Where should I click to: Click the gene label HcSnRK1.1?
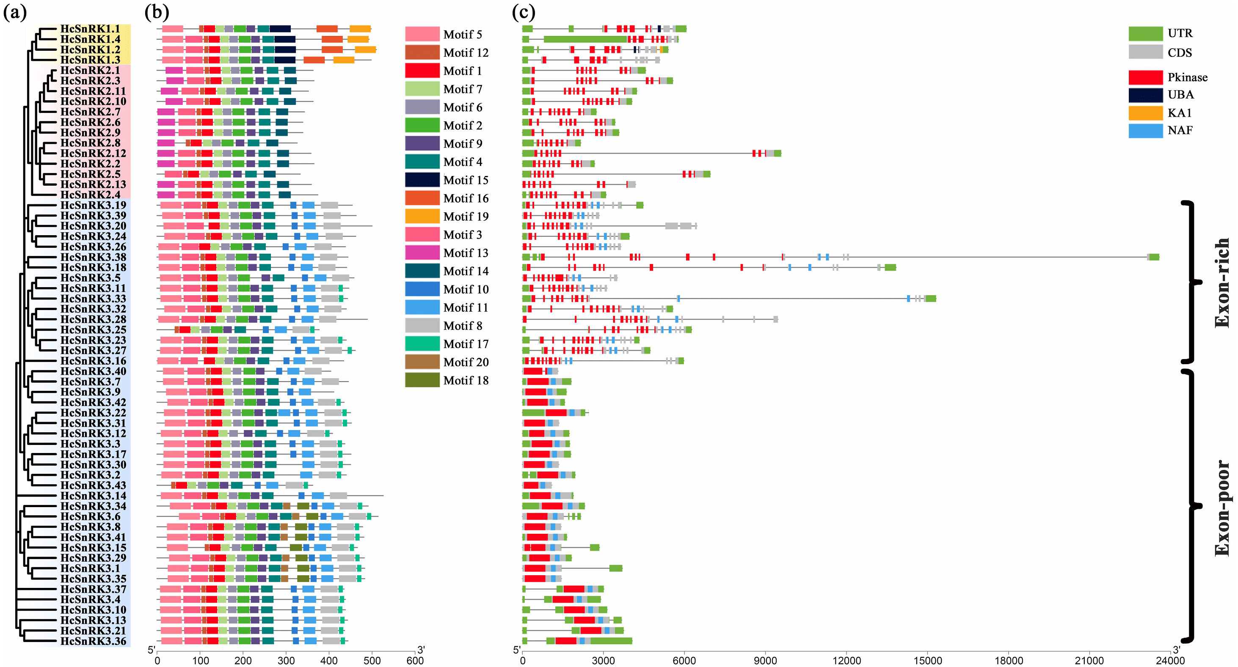pos(90,29)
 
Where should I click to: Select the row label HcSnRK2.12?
pos(93,153)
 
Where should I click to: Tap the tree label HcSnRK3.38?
pos(93,257)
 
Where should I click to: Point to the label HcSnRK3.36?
pos(93,641)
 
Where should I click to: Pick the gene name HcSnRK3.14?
pos(93,496)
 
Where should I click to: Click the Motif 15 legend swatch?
pos(422,180)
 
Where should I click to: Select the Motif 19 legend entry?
pos(465,217)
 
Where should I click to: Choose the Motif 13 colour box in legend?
pos(422,253)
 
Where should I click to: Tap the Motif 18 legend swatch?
pos(422,380)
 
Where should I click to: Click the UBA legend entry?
pos(1180,95)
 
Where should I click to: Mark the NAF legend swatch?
pos(1145,131)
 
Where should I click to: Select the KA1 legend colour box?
pos(1145,113)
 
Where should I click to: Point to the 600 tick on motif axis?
pos(415,661)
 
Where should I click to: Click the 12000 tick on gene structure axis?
pos(846,661)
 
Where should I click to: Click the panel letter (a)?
pos(15,13)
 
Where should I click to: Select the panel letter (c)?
pos(524,13)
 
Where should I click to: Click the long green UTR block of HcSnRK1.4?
pos(585,39)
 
